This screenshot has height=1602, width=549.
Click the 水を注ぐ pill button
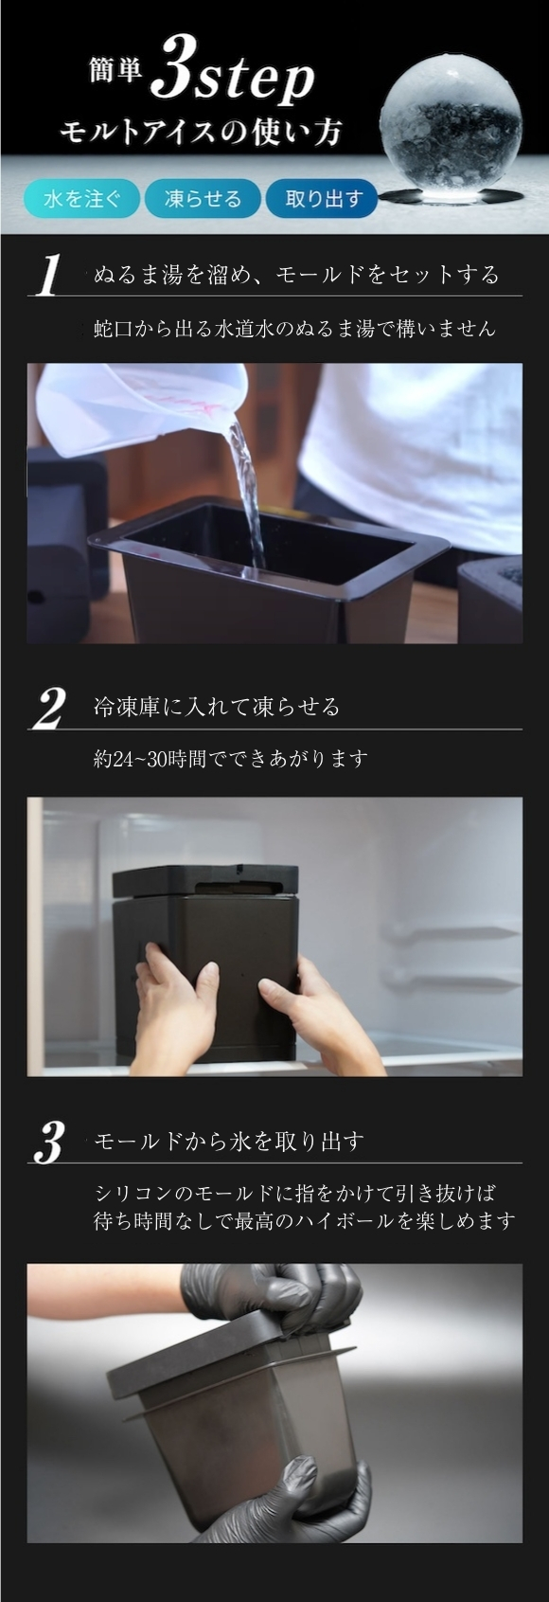tap(81, 198)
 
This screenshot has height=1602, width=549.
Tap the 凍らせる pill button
tap(203, 198)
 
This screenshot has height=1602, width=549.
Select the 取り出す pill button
tap(322, 198)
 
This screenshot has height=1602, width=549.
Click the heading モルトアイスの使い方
tap(201, 133)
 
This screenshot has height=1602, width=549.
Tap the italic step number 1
tap(48, 275)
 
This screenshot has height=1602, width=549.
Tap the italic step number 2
tap(48, 709)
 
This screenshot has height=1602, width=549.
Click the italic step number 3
tap(48, 1143)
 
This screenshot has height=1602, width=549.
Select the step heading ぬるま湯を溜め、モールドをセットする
tap(296, 275)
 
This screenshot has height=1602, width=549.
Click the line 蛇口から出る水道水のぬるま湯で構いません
tap(294, 329)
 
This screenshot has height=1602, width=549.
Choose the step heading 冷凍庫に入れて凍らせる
tap(217, 708)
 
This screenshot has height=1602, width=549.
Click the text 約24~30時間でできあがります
tap(230, 758)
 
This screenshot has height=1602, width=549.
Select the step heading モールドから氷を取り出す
tap(229, 1142)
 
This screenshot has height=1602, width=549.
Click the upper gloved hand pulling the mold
tap(275, 1295)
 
